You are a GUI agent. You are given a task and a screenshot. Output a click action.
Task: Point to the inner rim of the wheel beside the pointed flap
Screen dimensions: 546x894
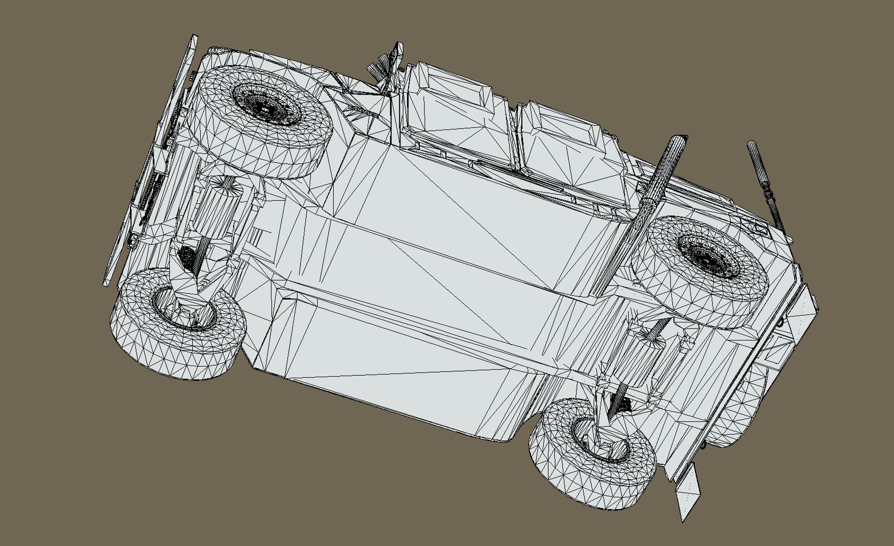pyautogui.click(x=599, y=440)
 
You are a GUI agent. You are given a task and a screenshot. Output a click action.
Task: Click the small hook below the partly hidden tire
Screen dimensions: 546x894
pyautogui.click(x=704, y=445)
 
